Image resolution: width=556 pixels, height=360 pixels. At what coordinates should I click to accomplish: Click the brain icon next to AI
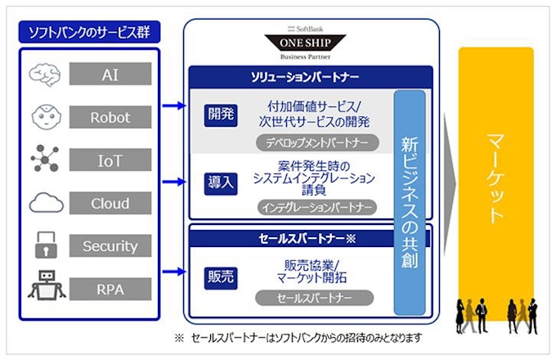(46, 75)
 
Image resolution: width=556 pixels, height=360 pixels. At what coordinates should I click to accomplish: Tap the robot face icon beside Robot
(46, 117)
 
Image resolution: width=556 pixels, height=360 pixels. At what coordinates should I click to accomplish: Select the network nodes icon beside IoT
(46, 159)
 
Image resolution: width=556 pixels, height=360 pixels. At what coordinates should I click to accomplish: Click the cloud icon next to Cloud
(46, 201)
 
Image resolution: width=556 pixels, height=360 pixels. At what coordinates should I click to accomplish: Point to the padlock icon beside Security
(46, 245)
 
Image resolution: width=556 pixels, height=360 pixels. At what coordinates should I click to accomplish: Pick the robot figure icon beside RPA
(46, 286)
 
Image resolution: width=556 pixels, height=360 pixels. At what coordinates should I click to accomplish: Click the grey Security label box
(110, 245)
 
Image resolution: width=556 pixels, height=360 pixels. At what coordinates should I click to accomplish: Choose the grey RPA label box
(110, 288)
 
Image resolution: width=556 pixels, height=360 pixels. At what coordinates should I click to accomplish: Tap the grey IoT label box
(110, 160)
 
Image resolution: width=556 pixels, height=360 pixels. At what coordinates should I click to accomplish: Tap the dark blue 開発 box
(220, 114)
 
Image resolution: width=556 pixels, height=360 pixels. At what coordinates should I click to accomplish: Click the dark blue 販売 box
(220, 277)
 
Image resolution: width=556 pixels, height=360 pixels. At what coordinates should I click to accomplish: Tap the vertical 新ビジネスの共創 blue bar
(409, 200)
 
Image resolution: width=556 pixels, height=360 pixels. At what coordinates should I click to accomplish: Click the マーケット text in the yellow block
(495, 176)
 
